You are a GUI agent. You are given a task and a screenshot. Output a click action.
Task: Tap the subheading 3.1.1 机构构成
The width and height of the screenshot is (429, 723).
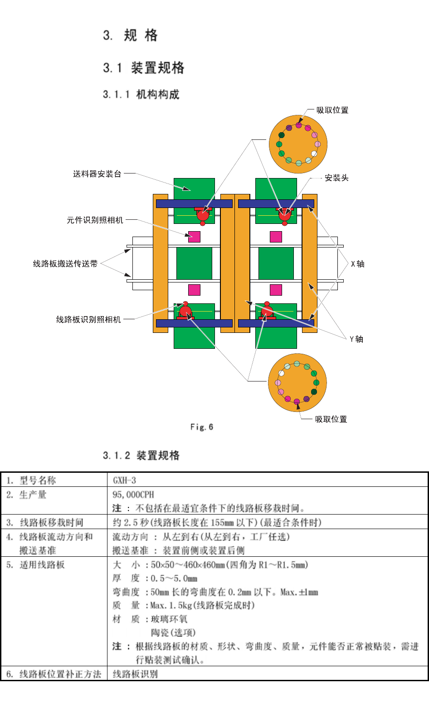pos(141,94)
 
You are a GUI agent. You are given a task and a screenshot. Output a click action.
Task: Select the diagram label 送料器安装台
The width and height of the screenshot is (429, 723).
pos(97,174)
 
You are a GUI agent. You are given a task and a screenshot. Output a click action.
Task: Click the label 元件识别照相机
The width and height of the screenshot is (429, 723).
pos(95,220)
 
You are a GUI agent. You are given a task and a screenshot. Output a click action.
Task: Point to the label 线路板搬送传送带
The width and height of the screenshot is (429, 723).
pos(65,264)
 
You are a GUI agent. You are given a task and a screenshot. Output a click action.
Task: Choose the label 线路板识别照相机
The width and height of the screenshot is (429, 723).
pos(88,320)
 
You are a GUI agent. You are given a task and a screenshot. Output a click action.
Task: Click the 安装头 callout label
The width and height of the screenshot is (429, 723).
pos(336,178)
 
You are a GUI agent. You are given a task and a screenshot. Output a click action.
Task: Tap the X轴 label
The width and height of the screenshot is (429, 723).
pos(357,264)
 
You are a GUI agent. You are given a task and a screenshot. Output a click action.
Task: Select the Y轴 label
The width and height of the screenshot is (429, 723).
pos(356,339)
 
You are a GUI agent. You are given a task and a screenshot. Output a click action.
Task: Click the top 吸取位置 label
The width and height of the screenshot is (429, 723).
pos(332,110)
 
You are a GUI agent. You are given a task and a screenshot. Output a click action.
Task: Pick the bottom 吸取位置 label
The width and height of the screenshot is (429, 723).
pos(331,420)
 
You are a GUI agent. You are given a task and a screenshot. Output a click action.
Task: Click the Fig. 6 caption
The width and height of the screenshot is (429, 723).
pos(201,427)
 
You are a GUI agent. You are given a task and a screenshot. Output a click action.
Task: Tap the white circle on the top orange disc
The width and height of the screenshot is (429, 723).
pos(314,154)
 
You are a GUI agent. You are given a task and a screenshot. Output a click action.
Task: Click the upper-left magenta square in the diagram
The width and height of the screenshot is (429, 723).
pos(194,237)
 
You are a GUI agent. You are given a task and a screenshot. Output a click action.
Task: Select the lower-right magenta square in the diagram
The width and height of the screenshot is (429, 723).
pos(276,290)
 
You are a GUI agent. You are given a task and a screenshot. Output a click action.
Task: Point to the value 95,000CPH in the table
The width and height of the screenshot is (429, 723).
pos(133,495)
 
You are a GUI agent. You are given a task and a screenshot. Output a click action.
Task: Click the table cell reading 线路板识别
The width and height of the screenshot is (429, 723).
pos(135,674)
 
